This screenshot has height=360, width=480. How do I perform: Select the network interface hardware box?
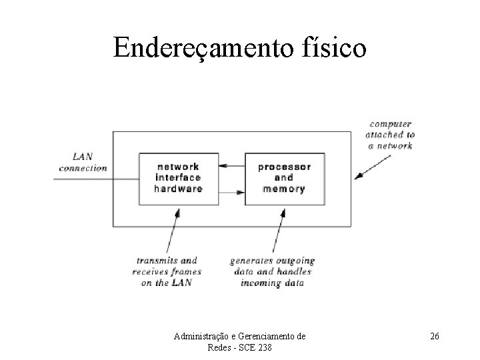click(x=178, y=179)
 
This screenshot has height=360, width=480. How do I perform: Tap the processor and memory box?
click(x=283, y=179)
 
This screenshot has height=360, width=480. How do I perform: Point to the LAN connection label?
click(x=83, y=162)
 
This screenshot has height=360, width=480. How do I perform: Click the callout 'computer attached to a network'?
click(x=390, y=135)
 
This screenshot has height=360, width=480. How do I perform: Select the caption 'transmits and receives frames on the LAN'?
click(x=167, y=272)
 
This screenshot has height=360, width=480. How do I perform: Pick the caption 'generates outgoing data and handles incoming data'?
click(x=271, y=272)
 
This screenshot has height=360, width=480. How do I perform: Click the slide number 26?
click(x=434, y=337)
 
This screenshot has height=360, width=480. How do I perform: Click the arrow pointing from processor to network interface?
click(x=233, y=165)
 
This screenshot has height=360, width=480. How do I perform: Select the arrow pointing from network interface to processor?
click(x=233, y=193)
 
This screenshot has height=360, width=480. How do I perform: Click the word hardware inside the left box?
click(x=178, y=189)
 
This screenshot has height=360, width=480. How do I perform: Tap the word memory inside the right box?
click(x=283, y=189)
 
